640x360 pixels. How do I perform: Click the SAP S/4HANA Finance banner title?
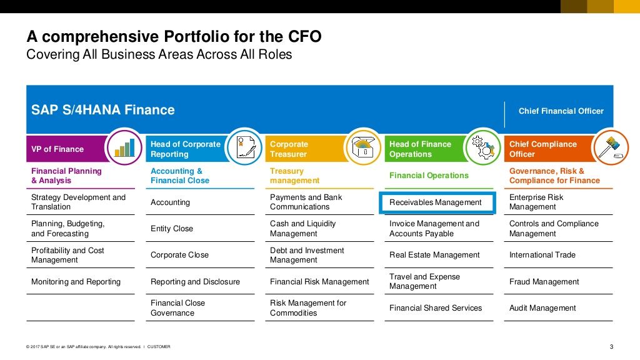(x=103, y=111)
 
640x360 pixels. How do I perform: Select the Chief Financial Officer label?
(x=561, y=111)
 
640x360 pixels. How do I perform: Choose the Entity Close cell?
(x=172, y=229)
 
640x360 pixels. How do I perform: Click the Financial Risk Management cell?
(x=319, y=282)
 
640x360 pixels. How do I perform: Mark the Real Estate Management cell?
(x=434, y=255)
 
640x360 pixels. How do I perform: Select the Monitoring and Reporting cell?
(x=76, y=282)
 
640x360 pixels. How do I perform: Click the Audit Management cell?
(x=542, y=308)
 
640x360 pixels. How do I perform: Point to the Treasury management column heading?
(x=294, y=176)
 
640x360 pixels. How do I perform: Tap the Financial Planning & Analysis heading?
(x=66, y=176)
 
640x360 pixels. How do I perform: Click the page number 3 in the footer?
(x=611, y=347)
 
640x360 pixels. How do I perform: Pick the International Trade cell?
(x=542, y=255)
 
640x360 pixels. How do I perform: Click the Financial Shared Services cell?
(x=436, y=308)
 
